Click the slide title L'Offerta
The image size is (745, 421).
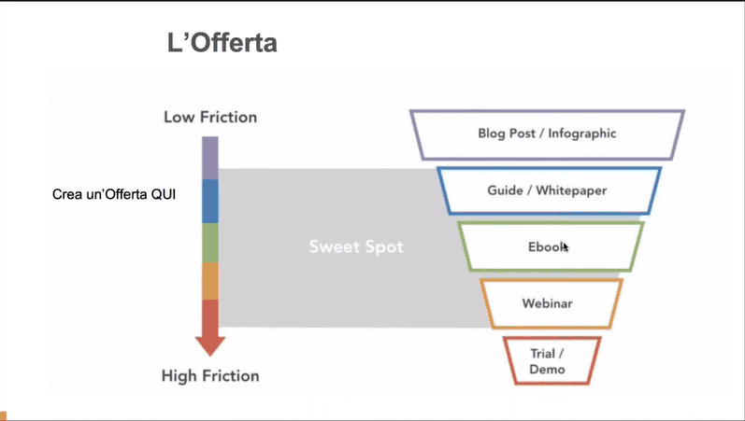click(x=222, y=43)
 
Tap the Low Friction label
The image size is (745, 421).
click(x=210, y=118)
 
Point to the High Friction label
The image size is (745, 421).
click(x=210, y=376)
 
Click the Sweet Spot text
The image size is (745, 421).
click(x=356, y=246)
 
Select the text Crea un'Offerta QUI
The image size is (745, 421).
click(x=114, y=194)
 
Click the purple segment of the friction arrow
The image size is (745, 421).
click(x=210, y=158)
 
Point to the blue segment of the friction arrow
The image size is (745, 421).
click(x=210, y=202)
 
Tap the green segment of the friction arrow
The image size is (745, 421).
click(x=210, y=243)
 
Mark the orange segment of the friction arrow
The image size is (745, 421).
click(x=210, y=282)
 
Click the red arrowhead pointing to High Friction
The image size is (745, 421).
click(x=210, y=345)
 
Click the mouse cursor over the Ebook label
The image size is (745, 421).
click(x=566, y=246)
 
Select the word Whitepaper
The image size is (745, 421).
click(x=571, y=190)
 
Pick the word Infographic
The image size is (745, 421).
click(x=582, y=133)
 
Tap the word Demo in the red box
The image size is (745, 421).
click(x=547, y=370)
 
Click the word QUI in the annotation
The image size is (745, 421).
click(x=164, y=194)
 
